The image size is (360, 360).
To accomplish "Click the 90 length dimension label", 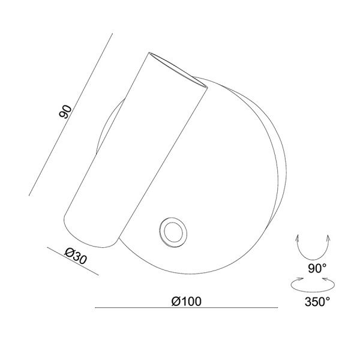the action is coord(65,112).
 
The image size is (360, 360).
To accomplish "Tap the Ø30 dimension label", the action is coord(76,256).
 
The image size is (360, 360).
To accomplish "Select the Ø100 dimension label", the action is coord(187,301).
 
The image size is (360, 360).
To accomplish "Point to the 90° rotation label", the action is coord(317,268).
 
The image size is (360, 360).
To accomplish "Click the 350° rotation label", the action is coord(317,301).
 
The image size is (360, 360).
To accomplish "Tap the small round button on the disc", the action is coord(173,232).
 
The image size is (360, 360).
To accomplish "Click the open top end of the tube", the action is coord(178,70).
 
